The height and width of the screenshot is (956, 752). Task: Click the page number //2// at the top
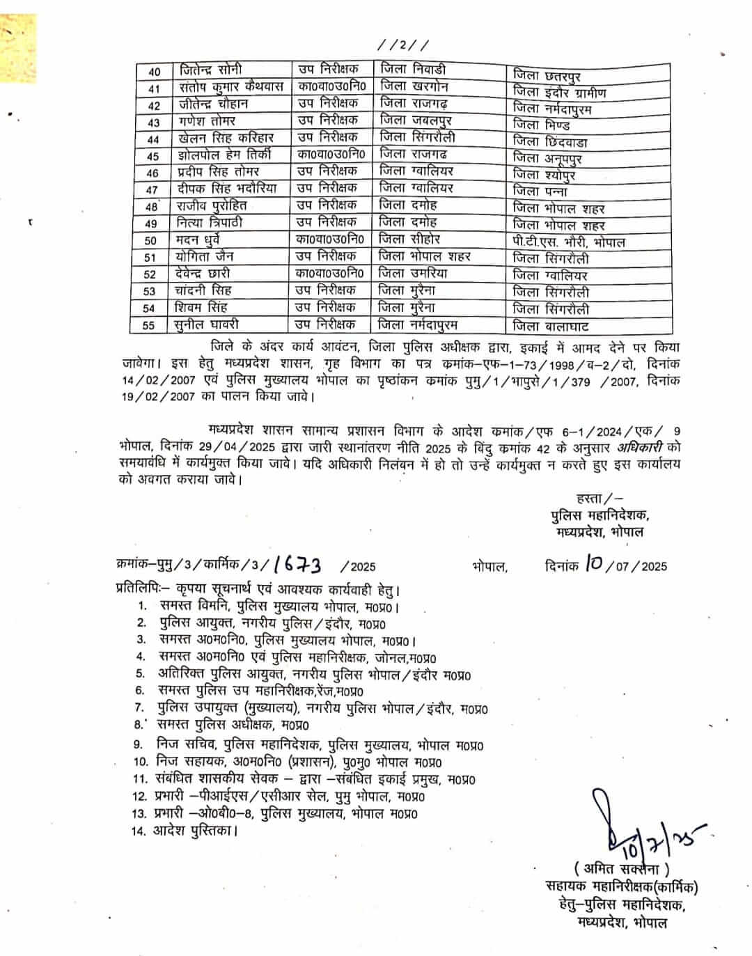coord(403,45)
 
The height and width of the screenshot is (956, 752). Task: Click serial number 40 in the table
coord(155,72)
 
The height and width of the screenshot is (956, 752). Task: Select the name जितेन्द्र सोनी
coord(211,71)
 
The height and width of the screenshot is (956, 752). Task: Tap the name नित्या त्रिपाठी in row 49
coord(210,223)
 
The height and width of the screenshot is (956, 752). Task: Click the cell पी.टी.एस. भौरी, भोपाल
coord(567,242)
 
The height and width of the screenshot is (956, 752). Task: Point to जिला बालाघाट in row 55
coord(551,326)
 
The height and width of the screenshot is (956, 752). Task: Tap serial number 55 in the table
coord(149,325)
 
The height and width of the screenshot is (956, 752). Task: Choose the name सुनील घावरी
coord(208,324)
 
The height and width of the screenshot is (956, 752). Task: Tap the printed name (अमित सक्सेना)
coord(622,870)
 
